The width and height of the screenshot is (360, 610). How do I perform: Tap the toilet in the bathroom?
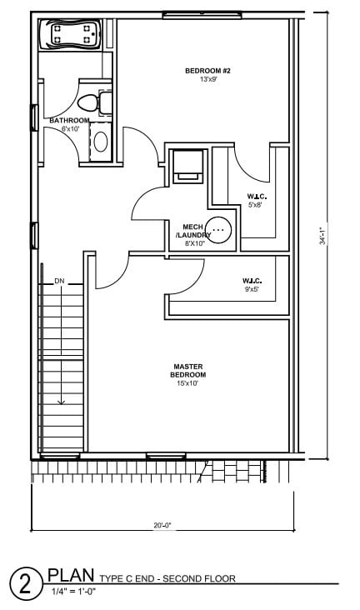click(x=89, y=103)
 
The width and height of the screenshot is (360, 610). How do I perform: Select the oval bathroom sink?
click(x=100, y=139)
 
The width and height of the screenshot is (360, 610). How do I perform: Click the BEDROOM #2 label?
click(x=207, y=71)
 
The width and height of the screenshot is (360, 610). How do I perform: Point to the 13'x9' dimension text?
click(x=207, y=80)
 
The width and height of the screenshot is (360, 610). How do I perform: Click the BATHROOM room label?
click(x=69, y=121)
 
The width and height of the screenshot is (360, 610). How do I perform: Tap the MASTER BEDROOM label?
click(x=189, y=370)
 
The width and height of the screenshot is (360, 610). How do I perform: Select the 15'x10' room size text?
click(x=189, y=384)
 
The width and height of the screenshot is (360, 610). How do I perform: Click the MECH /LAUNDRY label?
click(x=193, y=231)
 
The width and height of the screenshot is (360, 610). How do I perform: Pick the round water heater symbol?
click(x=219, y=227)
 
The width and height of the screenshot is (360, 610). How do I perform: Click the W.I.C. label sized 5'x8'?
click(x=255, y=197)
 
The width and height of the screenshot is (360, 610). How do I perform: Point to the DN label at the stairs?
click(x=59, y=281)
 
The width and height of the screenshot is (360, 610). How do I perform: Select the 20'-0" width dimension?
click(x=162, y=526)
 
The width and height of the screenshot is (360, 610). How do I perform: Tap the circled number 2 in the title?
click(x=25, y=584)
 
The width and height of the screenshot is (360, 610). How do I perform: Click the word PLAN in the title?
click(x=71, y=574)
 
